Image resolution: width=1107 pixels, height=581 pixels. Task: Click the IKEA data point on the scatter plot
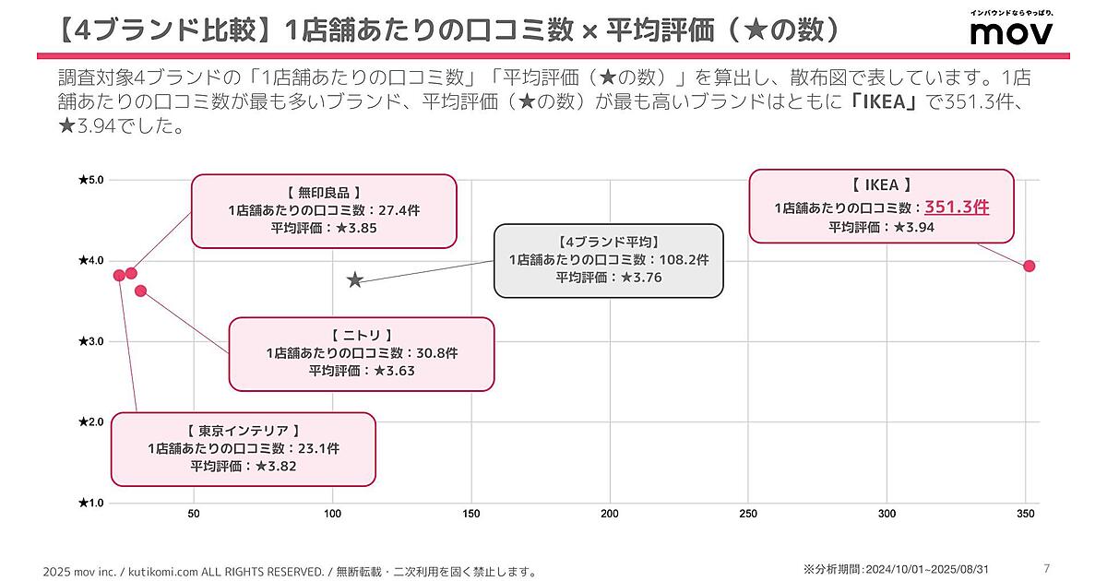click(1030, 267)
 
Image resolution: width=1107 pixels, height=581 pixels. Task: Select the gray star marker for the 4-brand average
click(355, 279)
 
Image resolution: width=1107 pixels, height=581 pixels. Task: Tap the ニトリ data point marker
click(140, 291)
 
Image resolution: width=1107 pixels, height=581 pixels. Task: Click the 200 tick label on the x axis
click(610, 514)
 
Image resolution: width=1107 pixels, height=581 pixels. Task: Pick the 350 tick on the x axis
click(1026, 514)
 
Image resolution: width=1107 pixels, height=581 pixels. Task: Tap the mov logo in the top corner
click(1011, 32)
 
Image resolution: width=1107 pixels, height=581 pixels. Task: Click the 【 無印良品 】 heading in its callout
click(324, 193)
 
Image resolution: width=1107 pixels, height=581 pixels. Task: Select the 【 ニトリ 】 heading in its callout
click(361, 335)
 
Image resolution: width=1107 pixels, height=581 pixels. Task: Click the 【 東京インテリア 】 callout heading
click(244, 431)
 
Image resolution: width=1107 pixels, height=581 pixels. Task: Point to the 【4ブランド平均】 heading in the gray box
click(609, 242)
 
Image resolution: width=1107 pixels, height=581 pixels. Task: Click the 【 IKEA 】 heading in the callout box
click(881, 185)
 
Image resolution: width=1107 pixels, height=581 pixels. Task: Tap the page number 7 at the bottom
click(1045, 568)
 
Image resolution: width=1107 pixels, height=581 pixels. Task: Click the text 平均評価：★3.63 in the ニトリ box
click(362, 371)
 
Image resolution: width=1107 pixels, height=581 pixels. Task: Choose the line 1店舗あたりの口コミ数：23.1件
click(244, 448)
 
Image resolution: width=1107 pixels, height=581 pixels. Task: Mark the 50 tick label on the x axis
click(194, 514)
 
